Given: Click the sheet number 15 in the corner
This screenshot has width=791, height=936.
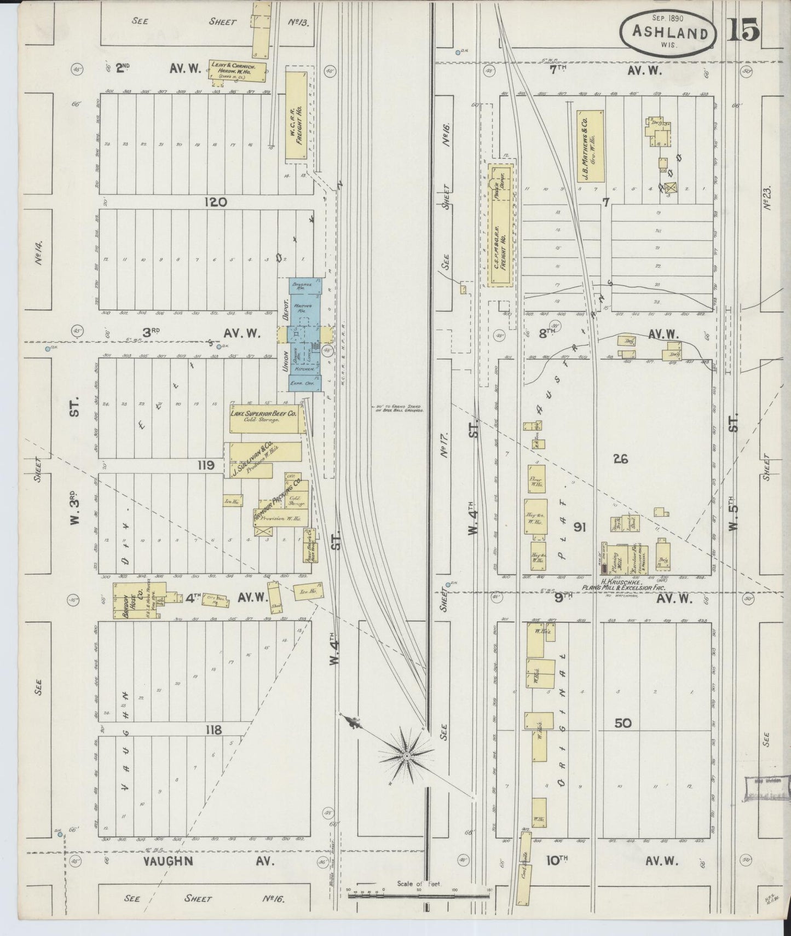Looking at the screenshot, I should point(743,30).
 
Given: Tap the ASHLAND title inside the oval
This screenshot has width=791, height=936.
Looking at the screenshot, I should point(669,32).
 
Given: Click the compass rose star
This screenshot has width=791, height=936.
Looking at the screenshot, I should point(407,755).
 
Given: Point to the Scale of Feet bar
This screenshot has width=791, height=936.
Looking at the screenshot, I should point(419,896).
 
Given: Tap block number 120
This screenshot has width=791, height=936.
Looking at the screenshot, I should point(215,202).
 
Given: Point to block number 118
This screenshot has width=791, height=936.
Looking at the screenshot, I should point(212,729).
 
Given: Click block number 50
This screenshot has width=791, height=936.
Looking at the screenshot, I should point(623,723).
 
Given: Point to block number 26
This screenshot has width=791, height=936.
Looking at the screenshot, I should point(620,459).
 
